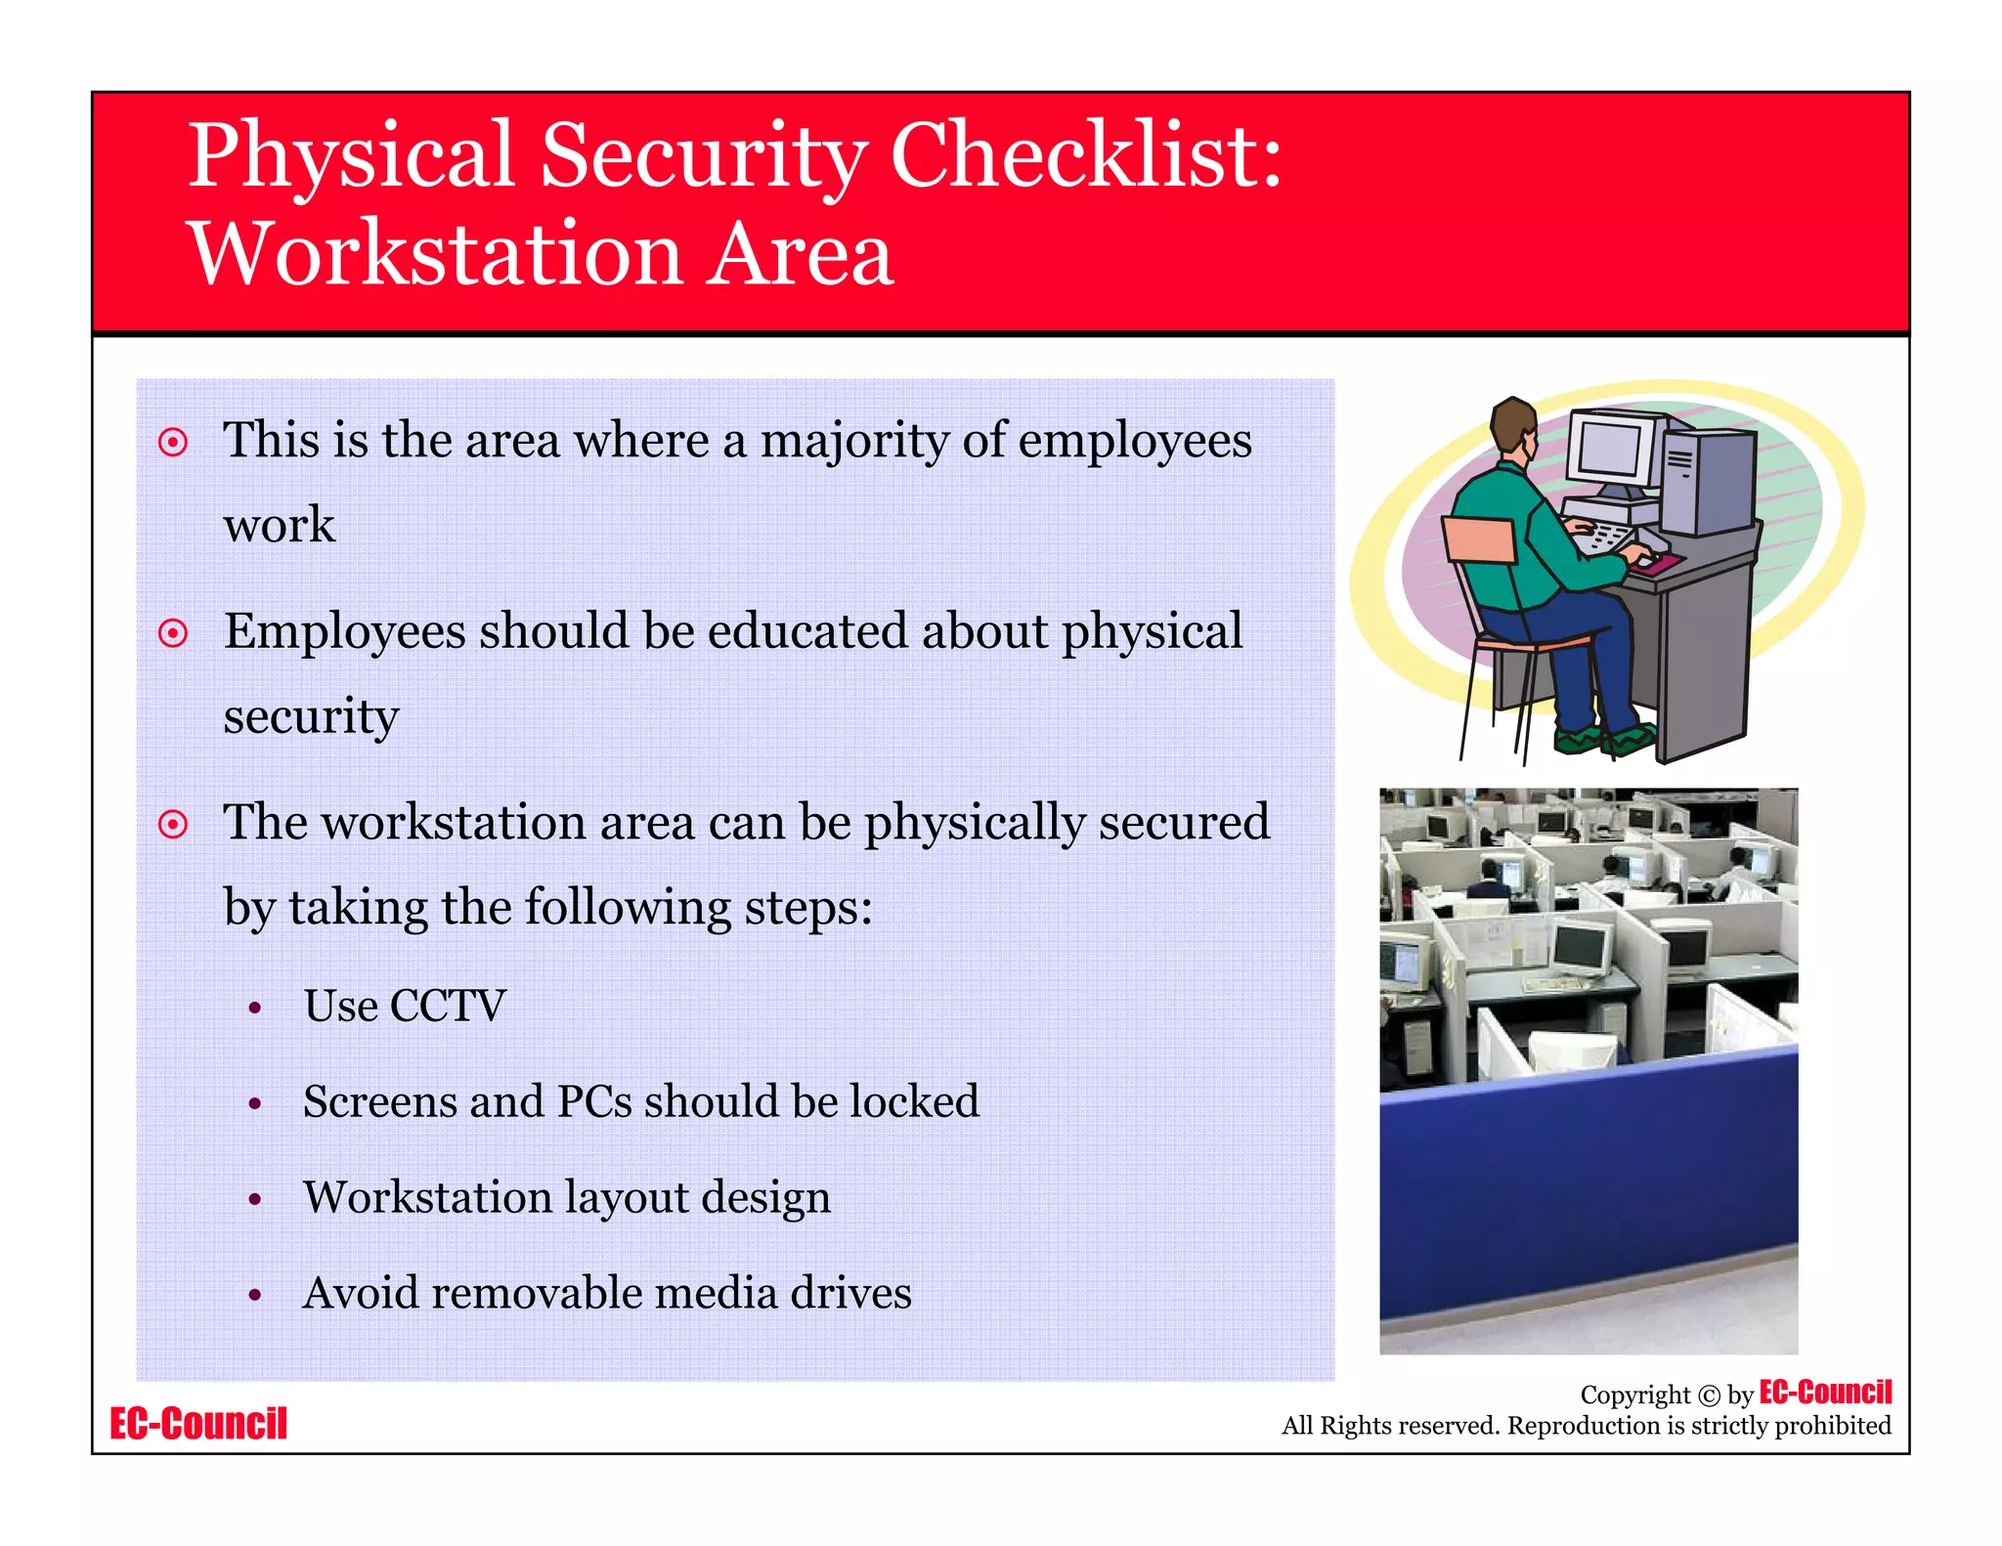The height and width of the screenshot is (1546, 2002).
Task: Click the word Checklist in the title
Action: (1085, 156)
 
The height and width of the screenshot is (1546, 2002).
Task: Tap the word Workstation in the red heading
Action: (435, 254)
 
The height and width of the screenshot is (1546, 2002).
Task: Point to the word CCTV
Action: (448, 1007)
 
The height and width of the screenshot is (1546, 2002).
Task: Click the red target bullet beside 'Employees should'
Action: (173, 633)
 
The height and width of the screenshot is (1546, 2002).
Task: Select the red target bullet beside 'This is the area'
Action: (173, 443)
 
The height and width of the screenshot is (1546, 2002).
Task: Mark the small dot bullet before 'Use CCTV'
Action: (255, 1009)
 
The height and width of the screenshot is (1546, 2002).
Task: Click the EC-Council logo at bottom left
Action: (198, 1424)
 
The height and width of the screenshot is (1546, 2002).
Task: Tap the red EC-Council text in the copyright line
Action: (1825, 1392)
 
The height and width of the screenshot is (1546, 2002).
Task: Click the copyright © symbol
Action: (1709, 1396)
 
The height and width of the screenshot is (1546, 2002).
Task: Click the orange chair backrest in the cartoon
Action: (1480, 540)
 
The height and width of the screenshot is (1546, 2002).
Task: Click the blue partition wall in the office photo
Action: (1589, 1173)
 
